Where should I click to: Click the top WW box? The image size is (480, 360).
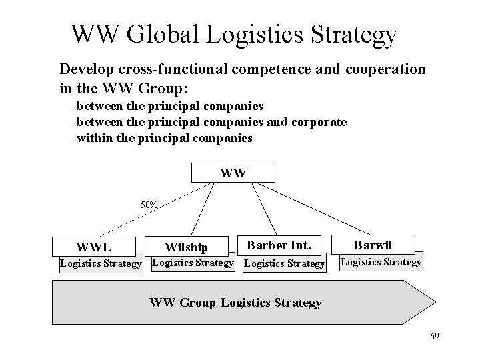tap(233, 173)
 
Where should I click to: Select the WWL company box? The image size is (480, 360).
tap(93, 246)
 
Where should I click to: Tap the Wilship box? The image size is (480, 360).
tap(186, 247)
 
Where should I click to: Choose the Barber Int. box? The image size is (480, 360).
tap(279, 244)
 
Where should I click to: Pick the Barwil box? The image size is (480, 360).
tap(373, 244)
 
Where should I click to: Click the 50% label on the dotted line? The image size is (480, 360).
tap(149, 205)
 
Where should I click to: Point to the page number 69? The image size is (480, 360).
tap(434, 336)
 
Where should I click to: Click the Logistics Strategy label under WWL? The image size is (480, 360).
tap(101, 263)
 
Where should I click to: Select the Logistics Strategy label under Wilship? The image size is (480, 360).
tap(193, 262)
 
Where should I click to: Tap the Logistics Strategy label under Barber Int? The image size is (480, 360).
tap(285, 263)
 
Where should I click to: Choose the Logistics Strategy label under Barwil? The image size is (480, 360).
tap(381, 262)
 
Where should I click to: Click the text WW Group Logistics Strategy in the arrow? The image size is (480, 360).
tap(235, 303)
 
